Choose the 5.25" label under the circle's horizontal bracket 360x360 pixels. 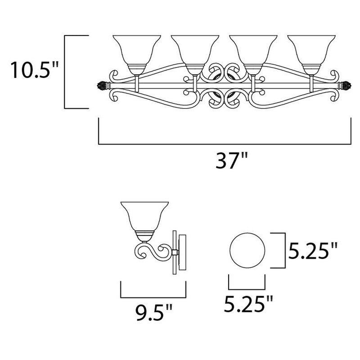click(249, 305)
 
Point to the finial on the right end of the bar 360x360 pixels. click(347, 85)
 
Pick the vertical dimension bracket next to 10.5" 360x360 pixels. click(67, 72)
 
